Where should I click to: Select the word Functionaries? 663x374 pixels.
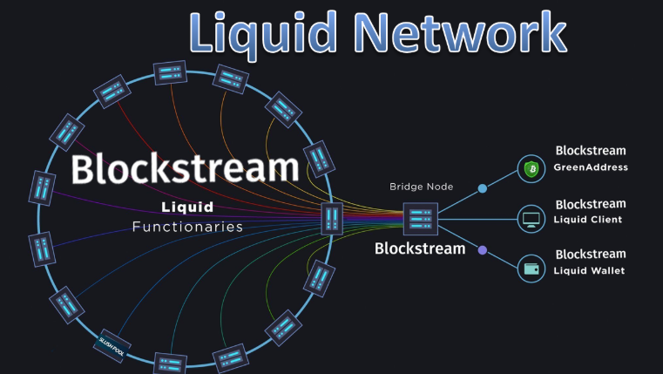(x=187, y=227)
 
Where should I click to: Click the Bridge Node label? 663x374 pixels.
(x=422, y=186)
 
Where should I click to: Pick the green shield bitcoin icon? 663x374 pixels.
(x=531, y=168)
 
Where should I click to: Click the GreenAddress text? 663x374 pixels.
(x=592, y=167)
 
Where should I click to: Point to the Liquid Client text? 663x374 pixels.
(x=589, y=220)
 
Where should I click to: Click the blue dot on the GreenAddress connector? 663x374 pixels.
(x=482, y=187)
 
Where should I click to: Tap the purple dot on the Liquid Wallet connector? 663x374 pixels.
(x=482, y=250)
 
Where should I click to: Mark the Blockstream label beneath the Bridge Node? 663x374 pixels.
(x=420, y=248)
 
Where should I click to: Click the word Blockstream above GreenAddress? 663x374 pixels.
(x=591, y=151)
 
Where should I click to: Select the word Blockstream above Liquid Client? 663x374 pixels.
(x=591, y=204)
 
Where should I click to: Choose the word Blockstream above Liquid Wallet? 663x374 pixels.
(x=591, y=254)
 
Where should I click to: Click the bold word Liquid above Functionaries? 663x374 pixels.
(x=187, y=207)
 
